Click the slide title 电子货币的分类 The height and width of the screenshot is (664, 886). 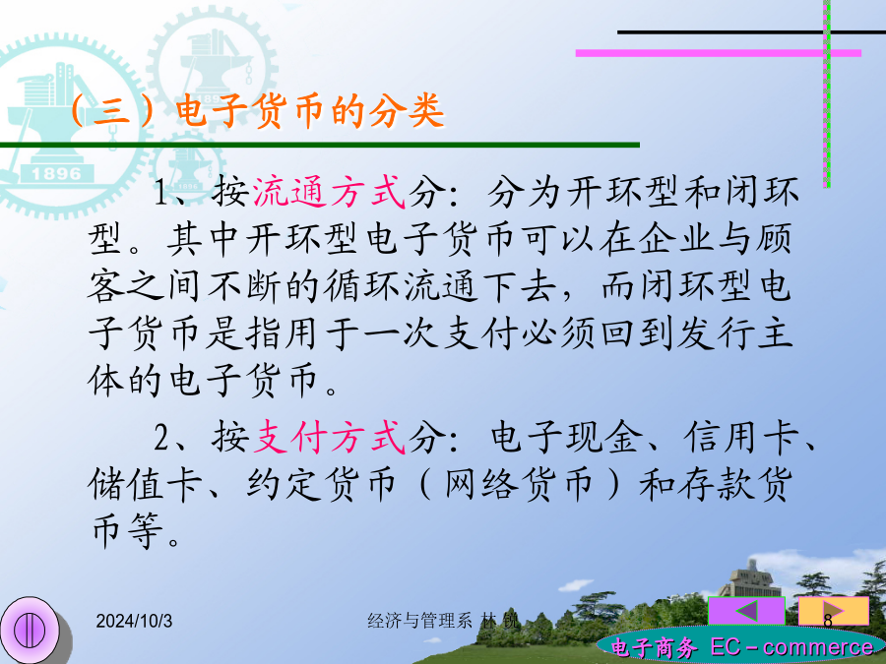click(x=310, y=110)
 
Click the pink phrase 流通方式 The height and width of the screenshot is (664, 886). click(x=329, y=192)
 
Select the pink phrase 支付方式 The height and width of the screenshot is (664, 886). click(x=329, y=437)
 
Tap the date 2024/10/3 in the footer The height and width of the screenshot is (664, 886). click(x=134, y=621)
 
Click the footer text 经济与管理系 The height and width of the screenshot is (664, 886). click(x=419, y=621)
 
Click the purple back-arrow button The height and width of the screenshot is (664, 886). click(x=746, y=611)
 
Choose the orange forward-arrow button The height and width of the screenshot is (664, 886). click(x=834, y=611)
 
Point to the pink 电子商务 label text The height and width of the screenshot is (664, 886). click(x=654, y=647)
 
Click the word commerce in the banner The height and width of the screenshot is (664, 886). click(x=818, y=647)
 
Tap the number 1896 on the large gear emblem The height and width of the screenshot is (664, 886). click(x=56, y=173)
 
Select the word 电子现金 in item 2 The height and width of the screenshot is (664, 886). click(x=567, y=437)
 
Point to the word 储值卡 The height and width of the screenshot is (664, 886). click(x=146, y=484)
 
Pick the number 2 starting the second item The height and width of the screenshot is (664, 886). click(x=161, y=438)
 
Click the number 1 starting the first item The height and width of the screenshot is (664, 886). click(x=161, y=193)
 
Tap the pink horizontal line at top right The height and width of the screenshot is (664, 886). click(x=719, y=53)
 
